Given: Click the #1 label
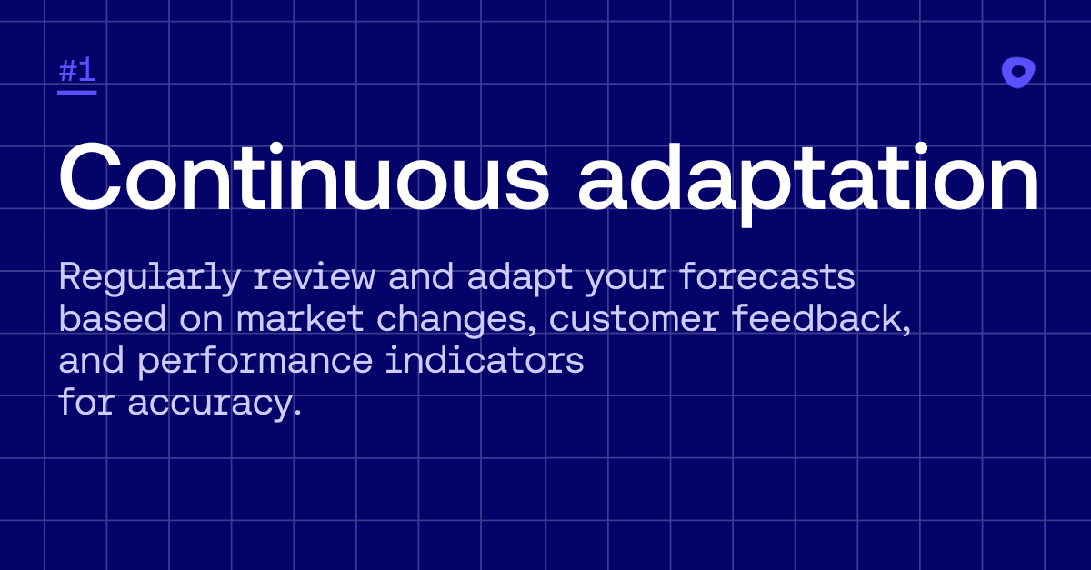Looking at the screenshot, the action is [x=77, y=70].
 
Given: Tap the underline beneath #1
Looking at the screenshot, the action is [x=77, y=93].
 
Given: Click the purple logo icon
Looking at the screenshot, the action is [x=1018, y=73].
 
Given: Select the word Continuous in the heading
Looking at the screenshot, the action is [x=304, y=176].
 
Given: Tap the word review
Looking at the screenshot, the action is [x=315, y=276].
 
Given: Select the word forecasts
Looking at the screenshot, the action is [x=767, y=276].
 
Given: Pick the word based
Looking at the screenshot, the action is [x=113, y=318].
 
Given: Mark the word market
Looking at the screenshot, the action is [x=300, y=318].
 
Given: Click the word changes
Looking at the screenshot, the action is [x=456, y=321].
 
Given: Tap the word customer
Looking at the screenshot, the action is [x=635, y=320].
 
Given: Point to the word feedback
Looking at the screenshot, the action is [x=822, y=319].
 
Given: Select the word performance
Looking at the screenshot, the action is [x=255, y=362].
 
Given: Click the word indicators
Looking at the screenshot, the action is [x=485, y=360].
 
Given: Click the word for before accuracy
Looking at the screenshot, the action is [x=86, y=402].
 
